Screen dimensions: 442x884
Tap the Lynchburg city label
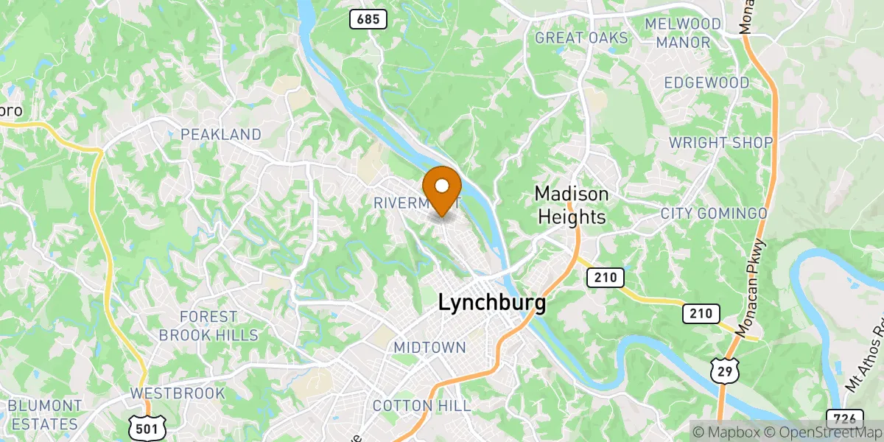(x=492, y=303)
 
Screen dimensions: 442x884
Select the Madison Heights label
(x=572, y=205)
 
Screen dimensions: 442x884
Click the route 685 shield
(x=368, y=18)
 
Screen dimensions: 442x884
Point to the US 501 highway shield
(x=147, y=427)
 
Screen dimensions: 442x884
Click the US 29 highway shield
(x=724, y=372)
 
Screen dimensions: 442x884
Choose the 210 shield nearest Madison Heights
(x=606, y=278)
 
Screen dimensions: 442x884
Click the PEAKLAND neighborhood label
(x=221, y=134)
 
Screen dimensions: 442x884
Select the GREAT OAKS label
(x=581, y=38)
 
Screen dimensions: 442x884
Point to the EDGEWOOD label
(x=706, y=83)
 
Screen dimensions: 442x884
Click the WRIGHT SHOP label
(x=720, y=142)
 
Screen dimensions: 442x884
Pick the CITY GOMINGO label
(x=713, y=213)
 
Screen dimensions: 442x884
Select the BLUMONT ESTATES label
(x=44, y=415)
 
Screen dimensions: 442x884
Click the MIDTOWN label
(x=429, y=347)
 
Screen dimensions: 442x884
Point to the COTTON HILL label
(x=421, y=405)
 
